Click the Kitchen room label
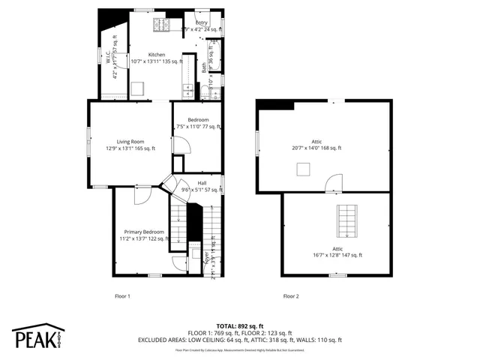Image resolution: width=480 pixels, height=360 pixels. (157, 55)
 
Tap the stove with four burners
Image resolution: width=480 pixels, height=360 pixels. (163, 25)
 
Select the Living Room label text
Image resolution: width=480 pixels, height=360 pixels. (130, 141)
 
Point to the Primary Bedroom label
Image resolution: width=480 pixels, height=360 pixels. (143, 232)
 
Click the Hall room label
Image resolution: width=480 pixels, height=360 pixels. (202, 183)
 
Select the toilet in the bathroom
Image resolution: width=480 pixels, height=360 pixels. (205, 91)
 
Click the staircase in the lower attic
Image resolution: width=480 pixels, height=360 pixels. (346, 219)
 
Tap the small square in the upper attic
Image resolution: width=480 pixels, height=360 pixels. (303, 170)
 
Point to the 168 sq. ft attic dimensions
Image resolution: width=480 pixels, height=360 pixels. (316, 148)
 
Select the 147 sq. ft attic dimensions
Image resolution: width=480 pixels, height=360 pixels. (337, 255)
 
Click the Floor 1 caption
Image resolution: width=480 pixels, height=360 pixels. (122, 296)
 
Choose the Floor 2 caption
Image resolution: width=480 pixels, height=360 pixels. (291, 296)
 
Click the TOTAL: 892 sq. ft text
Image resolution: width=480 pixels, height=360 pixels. (240, 326)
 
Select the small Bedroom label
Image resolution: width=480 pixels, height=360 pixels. (198, 120)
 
